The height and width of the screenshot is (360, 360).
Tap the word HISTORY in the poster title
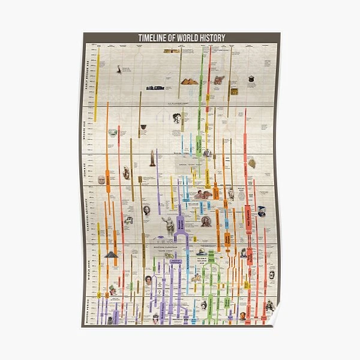pyautogui.click(x=212, y=38)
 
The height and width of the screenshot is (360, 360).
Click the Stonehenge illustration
pyautogui.click(x=155, y=88)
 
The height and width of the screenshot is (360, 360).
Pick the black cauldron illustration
pyautogui.click(x=143, y=127)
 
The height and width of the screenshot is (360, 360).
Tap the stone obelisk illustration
pyautogui.click(x=152, y=159)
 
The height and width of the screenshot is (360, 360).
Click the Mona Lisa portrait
pyautogui.click(x=147, y=279)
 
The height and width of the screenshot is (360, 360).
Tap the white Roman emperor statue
pyautogui.click(x=169, y=225)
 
